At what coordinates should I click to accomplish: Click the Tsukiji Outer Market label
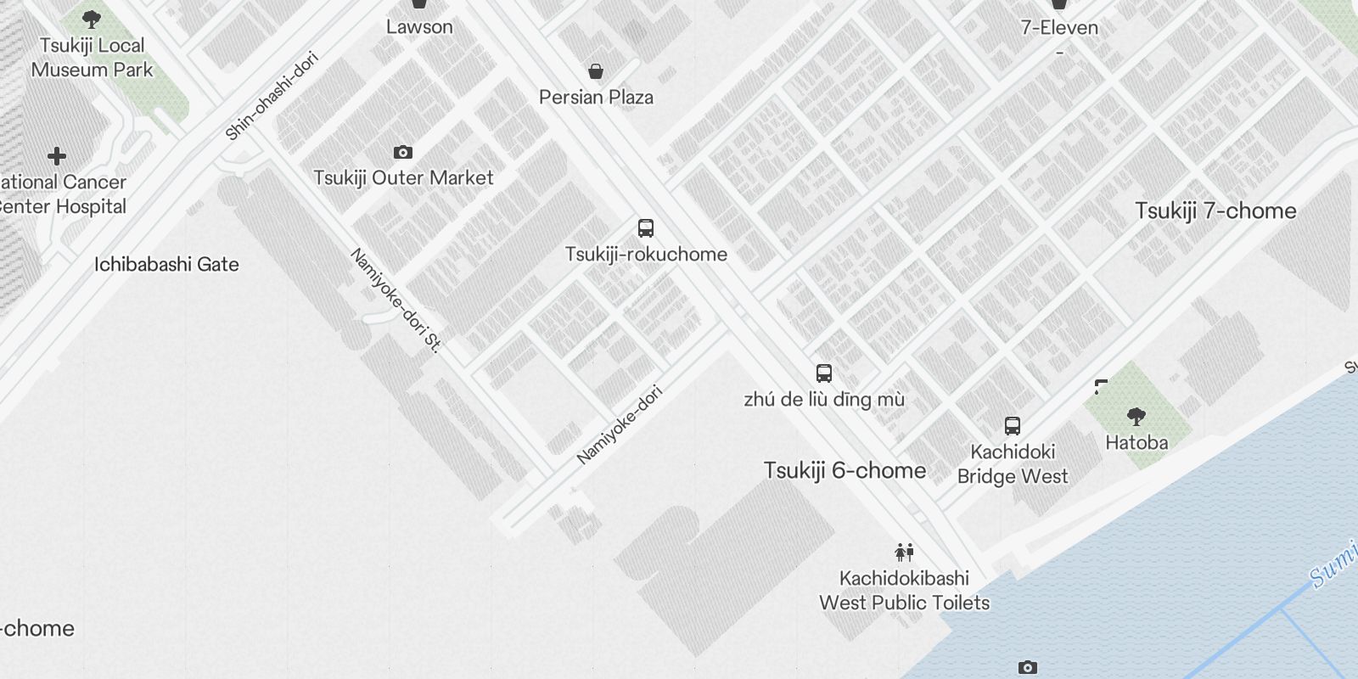[x=403, y=178]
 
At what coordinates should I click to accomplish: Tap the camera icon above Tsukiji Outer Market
[x=403, y=153]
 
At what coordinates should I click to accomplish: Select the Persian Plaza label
[x=596, y=98]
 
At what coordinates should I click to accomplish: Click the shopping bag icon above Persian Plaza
[x=596, y=71]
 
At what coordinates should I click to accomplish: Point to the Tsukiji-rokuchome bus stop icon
[x=646, y=228]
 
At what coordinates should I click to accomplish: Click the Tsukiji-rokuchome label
[x=646, y=255]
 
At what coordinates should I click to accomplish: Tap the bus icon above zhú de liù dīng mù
[x=823, y=373]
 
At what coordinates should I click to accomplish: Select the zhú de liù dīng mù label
[x=823, y=400]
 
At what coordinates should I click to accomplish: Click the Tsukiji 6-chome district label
[x=845, y=471]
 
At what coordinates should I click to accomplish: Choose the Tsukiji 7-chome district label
[x=1215, y=211]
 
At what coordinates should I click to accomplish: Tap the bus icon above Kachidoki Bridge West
[x=1012, y=426]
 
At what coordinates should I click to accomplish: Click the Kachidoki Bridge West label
[x=1012, y=464]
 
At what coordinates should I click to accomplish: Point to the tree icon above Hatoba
[x=1136, y=416]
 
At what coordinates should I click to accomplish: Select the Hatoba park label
[x=1136, y=443]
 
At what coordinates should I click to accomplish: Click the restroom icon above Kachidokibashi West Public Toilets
[x=904, y=553]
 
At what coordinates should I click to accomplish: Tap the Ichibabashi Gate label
[x=166, y=265]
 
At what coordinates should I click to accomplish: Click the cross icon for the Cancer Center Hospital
[x=57, y=156]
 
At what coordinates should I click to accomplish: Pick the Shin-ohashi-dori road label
[x=272, y=96]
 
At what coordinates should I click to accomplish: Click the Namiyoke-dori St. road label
[x=396, y=300]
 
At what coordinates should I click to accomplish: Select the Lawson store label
[x=419, y=27]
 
